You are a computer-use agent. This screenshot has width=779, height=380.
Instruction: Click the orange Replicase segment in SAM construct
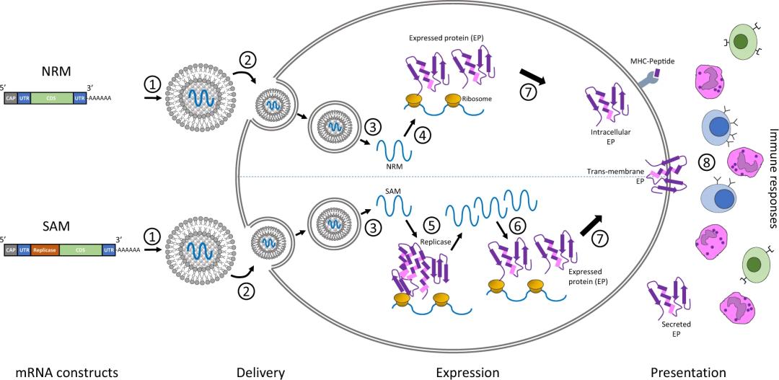(45, 250)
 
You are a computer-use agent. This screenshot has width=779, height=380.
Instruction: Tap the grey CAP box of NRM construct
(11, 98)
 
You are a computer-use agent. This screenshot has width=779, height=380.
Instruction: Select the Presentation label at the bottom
(688, 371)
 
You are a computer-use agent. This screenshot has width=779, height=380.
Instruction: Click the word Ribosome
(479, 98)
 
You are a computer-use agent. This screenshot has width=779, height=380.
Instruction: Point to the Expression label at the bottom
(467, 371)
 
